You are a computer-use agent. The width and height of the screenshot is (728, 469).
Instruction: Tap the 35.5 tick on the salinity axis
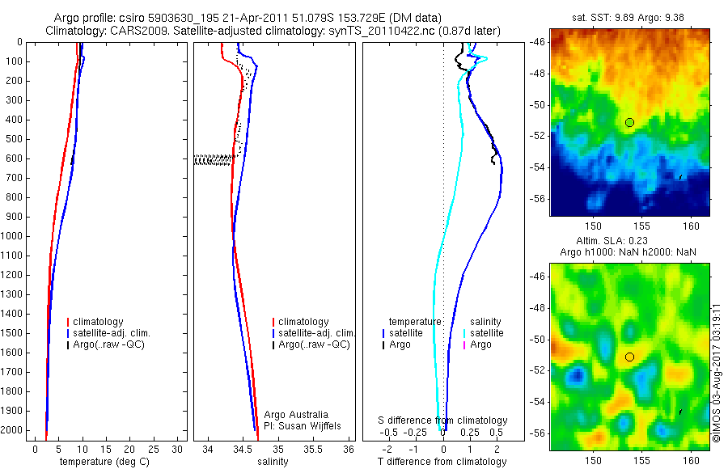[313, 449]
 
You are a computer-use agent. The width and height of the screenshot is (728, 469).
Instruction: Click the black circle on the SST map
[629, 122]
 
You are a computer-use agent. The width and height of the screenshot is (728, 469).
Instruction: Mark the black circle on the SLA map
[629, 357]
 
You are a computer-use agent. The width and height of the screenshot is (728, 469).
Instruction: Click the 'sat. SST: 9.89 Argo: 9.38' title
[629, 15]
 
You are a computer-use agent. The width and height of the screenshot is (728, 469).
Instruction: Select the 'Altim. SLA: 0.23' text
[629, 242]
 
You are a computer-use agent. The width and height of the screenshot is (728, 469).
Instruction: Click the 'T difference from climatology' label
[442, 462]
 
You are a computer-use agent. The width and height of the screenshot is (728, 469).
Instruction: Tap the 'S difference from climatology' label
[443, 420]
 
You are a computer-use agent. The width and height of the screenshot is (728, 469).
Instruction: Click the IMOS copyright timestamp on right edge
[717, 368]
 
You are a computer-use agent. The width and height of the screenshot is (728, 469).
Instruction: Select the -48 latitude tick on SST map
[538, 73]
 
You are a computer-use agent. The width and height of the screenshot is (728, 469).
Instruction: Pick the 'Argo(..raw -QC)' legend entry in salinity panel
[313, 344]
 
